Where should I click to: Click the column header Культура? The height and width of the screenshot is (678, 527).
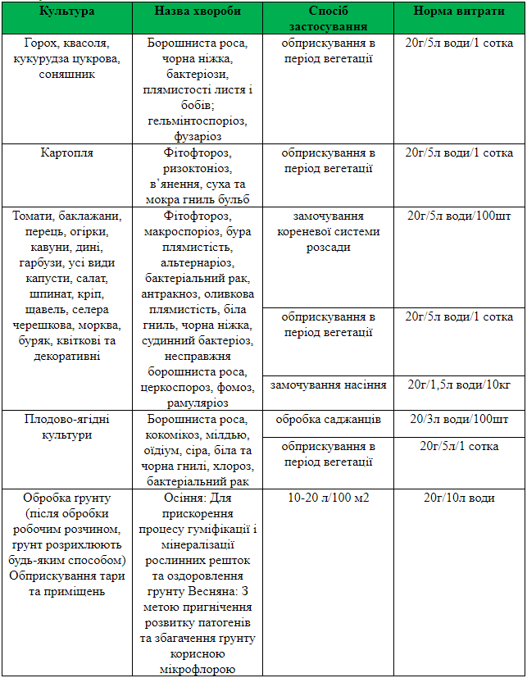67,13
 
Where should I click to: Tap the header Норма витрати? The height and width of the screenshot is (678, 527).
459,13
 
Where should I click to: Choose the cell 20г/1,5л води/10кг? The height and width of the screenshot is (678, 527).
459,384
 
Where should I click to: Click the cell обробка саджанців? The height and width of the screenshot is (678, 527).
328,419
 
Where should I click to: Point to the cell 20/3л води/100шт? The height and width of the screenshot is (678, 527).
459,419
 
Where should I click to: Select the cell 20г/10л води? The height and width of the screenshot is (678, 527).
459,498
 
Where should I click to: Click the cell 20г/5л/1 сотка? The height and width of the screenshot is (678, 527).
459,446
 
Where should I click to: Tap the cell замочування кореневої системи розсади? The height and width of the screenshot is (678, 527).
328,231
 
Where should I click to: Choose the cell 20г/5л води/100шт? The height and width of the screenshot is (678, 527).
459,216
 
